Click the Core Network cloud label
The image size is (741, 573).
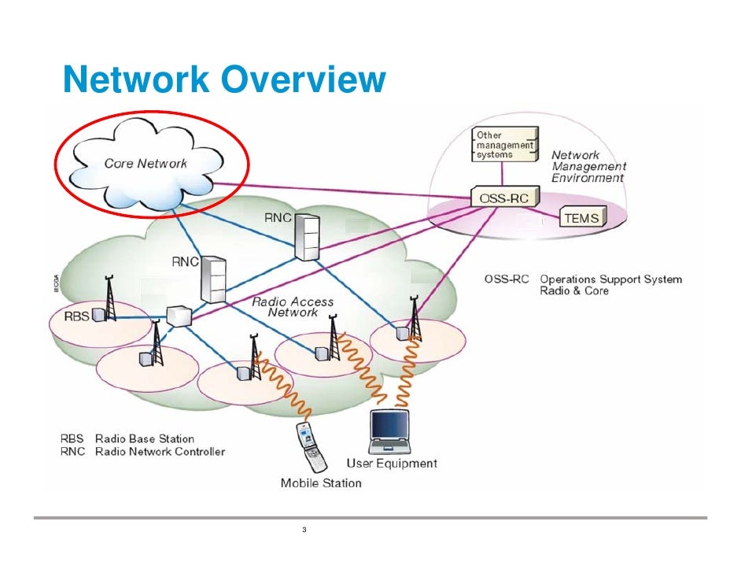pyautogui.click(x=146, y=164)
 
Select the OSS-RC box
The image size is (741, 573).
pyautogui.click(x=505, y=197)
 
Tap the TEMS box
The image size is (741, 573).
pyautogui.click(x=583, y=217)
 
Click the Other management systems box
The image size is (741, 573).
pyautogui.click(x=505, y=144)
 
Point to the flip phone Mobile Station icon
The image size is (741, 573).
pyautogui.click(x=311, y=445)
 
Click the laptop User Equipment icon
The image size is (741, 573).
pyautogui.click(x=389, y=431)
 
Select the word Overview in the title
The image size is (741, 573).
pyautogui.click(x=304, y=79)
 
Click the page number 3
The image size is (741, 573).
pyautogui.click(x=304, y=530)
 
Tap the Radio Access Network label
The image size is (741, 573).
pyautogui.click(x=293, y=307)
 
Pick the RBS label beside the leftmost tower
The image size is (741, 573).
pyautogui.click(x=76, y=316)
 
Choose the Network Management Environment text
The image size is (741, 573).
pyautogui.click(x=588, y=166)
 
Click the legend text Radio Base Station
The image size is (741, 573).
pyautogui.click(x=145, y=438)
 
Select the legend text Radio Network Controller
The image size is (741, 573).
pyautogui.click(x=160, y=452)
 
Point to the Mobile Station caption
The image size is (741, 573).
pyautogui.click(x=321, y=482)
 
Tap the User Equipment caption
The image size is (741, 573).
pyautogui.click(x=392, y=464)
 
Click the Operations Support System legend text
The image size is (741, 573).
pyautogui.click(x=611, y=279)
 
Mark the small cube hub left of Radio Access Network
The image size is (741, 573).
pyautogui.click(x=179, y=316)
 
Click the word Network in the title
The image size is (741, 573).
pyautogui.click(x=136, y=79)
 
